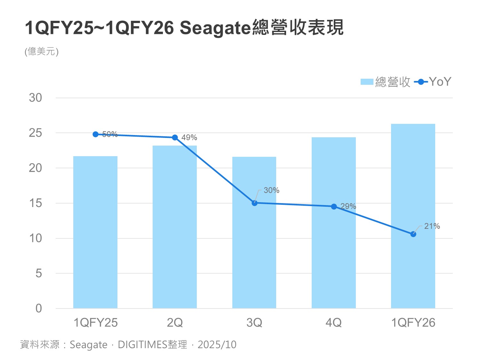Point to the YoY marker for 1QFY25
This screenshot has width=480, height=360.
tap(95, 134)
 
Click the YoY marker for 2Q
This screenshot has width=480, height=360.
tap(175, 138)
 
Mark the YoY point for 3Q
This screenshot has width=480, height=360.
tap(254, 203)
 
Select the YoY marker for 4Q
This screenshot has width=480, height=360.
tap(334, 207)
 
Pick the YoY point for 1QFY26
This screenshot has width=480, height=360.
tap(413, 234)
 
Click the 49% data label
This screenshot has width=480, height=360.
tap(189, 138)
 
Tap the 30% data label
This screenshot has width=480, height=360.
tap(271, 190)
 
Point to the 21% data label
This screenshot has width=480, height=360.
tap(432, 226)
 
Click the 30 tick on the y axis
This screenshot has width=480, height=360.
tap(36, 98)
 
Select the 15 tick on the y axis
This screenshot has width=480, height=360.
tap(36, 203)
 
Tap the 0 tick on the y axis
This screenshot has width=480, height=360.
tap(39, 308)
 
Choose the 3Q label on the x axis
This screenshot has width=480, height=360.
tap(254, 323)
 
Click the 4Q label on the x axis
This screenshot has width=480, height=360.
tap(334, 323)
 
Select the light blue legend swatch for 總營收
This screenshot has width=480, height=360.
tap(367, 82)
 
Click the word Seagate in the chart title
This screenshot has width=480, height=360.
tap(215, 28)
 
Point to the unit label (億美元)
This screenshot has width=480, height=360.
tap(42, 52)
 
